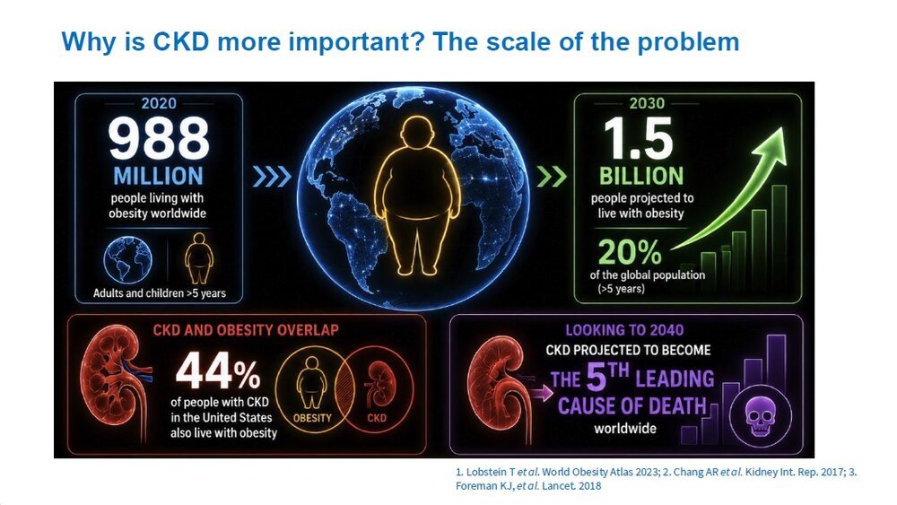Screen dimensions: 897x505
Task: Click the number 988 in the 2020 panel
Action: [x=159, y=138]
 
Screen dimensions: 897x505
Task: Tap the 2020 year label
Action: [x=159, y=103]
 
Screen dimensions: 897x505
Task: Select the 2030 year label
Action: [x=647, y=103]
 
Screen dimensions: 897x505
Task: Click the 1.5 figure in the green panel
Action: [x=638, y=138]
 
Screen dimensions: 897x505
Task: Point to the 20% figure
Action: [x=630, y=252]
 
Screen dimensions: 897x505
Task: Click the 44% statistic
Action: [x=218, y=370]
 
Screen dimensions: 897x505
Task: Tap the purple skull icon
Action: [x=761, y=417]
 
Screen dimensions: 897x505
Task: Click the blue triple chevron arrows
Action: [x=272, y=177]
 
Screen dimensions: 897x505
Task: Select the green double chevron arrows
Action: [x=552, y=177]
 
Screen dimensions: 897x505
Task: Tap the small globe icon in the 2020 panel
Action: [x=127, y=259]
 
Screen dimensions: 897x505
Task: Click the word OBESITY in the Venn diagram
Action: [x=312, y=418]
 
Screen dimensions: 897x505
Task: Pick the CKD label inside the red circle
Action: [x=377, y=418]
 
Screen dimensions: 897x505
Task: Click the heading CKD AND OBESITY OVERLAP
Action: [x=246, y=330]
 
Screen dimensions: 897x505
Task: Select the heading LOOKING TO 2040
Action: [x=624, y=330]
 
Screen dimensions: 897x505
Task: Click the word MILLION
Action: [x=159, y=176]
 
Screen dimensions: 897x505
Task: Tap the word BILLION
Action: [x=641, y=176]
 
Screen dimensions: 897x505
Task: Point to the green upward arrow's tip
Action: [x=782, y=129]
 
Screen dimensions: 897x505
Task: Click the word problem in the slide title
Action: [x=688, y=43]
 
